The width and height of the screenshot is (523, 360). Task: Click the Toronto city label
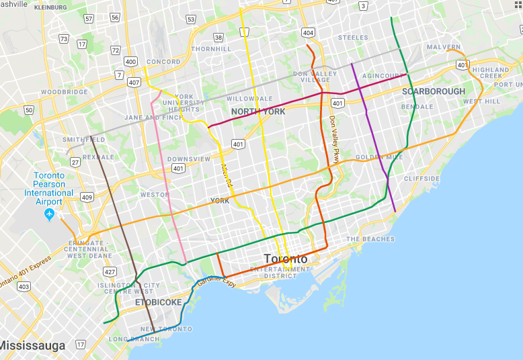[x=285, y=259]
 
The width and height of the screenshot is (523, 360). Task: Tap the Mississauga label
[x=32, y=346]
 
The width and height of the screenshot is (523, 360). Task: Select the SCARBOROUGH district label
[x=433, y=91]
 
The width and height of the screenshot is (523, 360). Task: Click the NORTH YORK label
[x=258, y=111]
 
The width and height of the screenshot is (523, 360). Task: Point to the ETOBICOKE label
[x=159, y=302]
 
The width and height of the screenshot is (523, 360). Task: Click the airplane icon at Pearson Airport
[x=48, y=214]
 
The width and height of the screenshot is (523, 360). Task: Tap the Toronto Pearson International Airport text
[x=49, y=189]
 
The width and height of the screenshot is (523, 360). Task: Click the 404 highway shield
[x=308, y=32]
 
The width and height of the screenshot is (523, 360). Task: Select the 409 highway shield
[x=87, y=197]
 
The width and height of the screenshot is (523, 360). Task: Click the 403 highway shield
[x=24, y=287]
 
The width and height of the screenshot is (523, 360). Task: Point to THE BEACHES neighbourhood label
[x=370, y=239]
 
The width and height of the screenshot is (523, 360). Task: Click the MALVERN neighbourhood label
[x=443, y=47]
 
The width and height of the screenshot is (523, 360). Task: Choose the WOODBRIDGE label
[x=65, y=92]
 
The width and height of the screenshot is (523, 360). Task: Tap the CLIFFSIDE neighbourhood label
[x=422, y=179]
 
